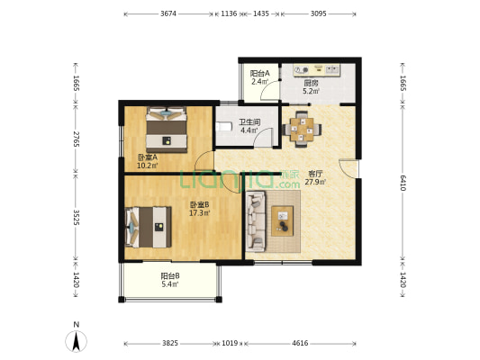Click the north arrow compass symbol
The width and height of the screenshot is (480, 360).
tap(76, 340)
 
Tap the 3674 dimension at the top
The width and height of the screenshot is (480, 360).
tap(168, 13)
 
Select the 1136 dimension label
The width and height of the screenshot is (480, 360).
tap(229, 13)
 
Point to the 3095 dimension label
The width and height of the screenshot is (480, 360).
tap(319, 13)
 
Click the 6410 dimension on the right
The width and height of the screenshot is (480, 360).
tap(403, 183)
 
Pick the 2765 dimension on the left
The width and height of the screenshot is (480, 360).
tap(77, 139)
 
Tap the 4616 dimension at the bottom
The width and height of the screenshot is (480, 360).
tap(300, 343)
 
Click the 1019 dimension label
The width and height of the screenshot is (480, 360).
tap(230, 343)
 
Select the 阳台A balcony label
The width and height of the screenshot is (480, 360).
tap(260, 74)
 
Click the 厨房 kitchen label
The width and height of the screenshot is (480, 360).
tap(311, 83)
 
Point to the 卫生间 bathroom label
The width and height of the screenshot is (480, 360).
tap(249, 122)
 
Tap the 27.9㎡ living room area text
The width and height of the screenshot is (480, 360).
tap(315, 183)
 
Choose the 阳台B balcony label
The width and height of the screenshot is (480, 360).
tap(170, 276)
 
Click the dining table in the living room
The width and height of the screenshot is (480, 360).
tap(302, 130)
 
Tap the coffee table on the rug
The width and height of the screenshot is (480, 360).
tap(282, 220)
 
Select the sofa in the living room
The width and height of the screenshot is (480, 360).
tap(256, 221)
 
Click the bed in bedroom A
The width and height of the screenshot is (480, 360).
tap(167, 130)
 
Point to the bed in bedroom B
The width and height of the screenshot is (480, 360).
tap(149, 228)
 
